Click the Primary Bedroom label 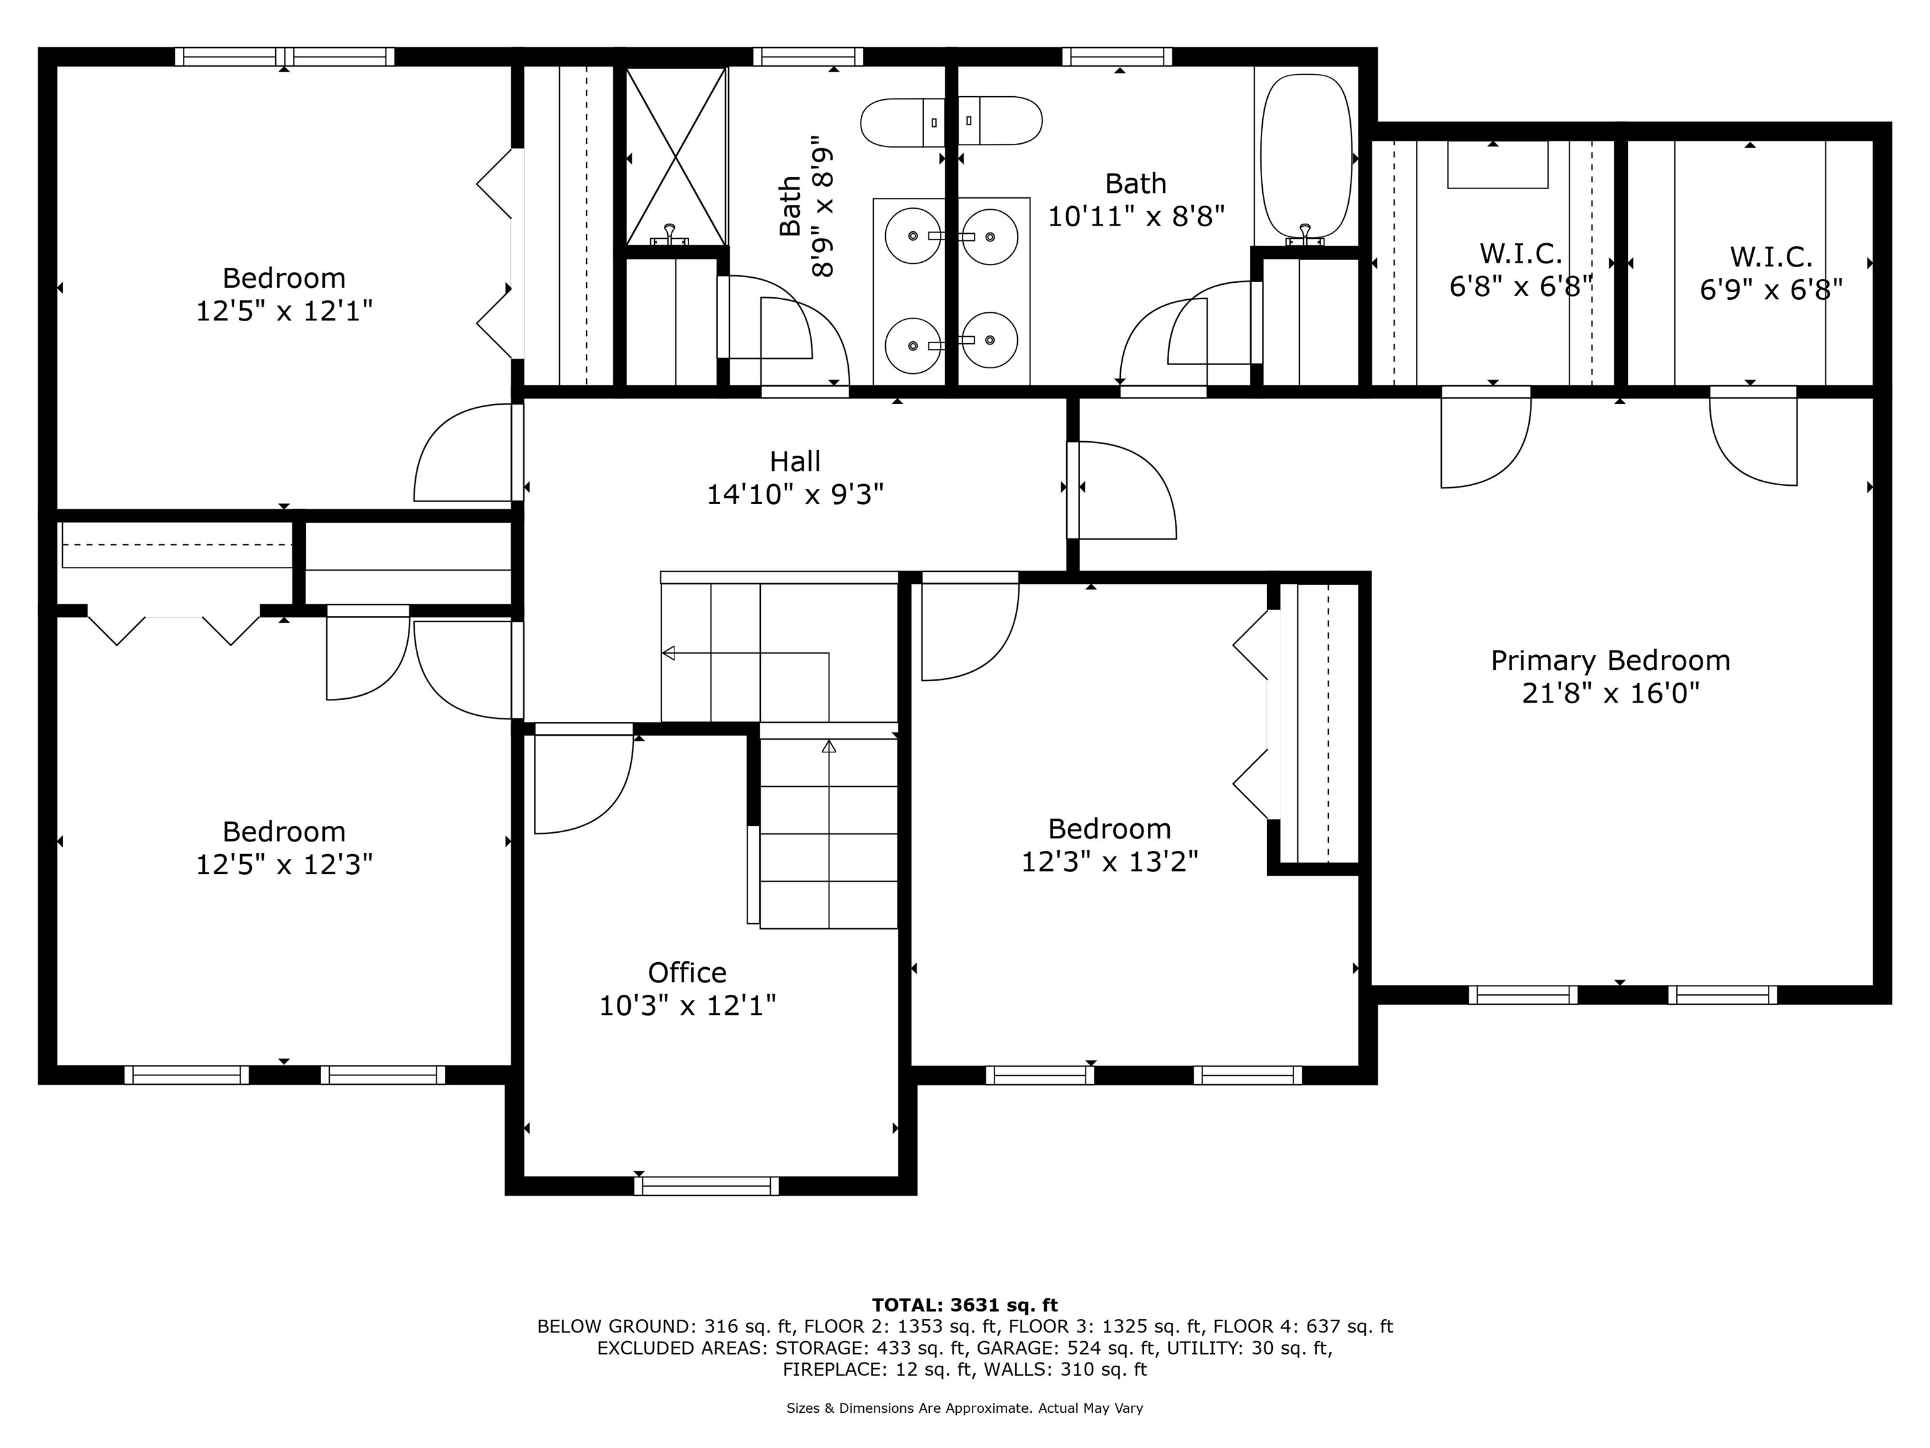click(1610, 676)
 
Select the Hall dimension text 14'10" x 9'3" click(795, 495)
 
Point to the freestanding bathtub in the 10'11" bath click(1306, 155)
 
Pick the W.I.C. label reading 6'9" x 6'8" click(1771, 273)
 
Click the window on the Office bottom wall click(706, 1185)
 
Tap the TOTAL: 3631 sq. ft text click(965, 1305)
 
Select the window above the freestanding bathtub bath click(1118, 57)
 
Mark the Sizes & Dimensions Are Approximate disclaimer click(965, 1408)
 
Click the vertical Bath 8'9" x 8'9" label click(805, 207)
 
